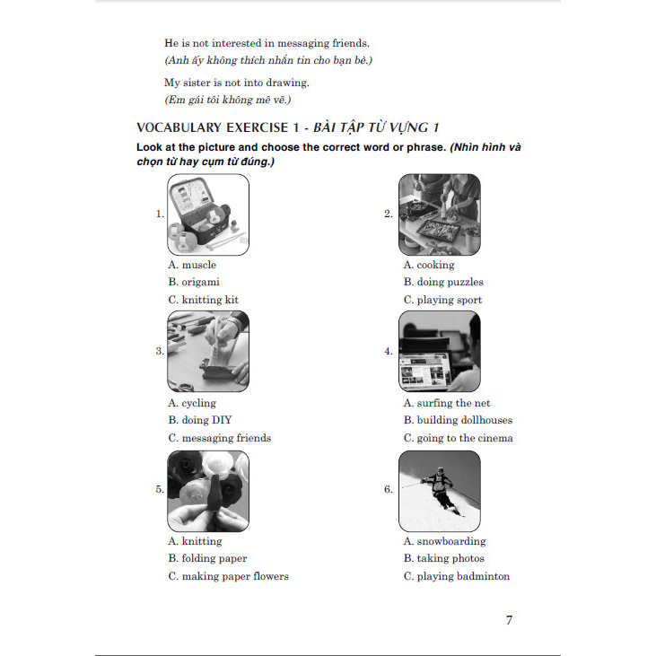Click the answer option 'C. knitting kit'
click(x=204, y=300)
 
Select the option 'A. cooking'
click(x=429, y=265)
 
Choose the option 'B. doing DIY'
click(x=200, y=420)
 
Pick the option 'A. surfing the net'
click(x=447, y=403)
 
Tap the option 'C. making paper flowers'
click(x=229, y=576)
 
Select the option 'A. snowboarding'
click(x=445, y=541)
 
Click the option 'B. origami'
click(x=194, y=282)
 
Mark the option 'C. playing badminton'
click(x=457, y=576)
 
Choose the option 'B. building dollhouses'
click(x=458, y=420)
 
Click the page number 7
click(x=509, y=620)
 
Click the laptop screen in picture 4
click(x=424, y=372)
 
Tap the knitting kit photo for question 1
click(x=208, y=214)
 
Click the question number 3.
click(x=160, y=351)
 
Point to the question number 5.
click(x=160, y=489)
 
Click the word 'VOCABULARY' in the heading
click(x=179, y=127)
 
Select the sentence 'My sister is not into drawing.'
click(x=237, y=83)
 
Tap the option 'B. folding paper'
click(x=207, y=558)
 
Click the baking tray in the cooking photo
click(x=440, y=231)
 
